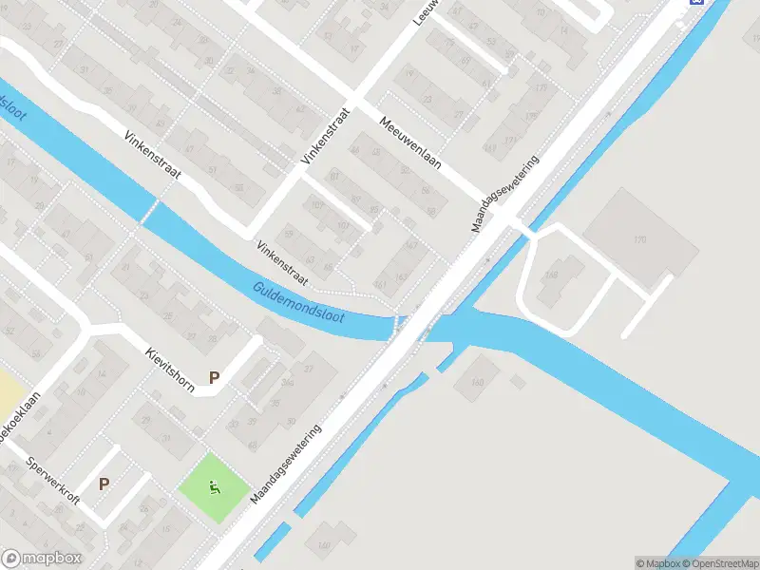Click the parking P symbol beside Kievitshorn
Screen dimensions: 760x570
215,377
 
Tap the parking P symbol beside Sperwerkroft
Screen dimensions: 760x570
104,484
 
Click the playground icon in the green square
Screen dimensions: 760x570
215,488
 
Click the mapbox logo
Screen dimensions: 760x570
42,559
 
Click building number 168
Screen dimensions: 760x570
551,276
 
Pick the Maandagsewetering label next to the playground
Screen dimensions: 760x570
287,464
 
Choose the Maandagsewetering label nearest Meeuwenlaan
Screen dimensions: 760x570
505,194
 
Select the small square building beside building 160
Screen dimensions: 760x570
518,381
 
